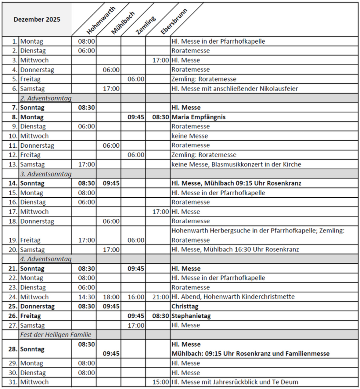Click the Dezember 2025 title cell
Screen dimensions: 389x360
tap(37, 19)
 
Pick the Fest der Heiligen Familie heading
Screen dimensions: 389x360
tap(56, 335)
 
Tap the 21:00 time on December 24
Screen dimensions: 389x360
tap(160, 297)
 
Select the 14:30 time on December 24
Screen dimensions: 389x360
tap(86, 297)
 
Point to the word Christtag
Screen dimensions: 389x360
tap(185, 307)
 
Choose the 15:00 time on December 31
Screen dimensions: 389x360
tap(160, 382)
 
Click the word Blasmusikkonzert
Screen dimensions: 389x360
tap(237, 164)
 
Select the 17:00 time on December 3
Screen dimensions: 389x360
tap(160, 60)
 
